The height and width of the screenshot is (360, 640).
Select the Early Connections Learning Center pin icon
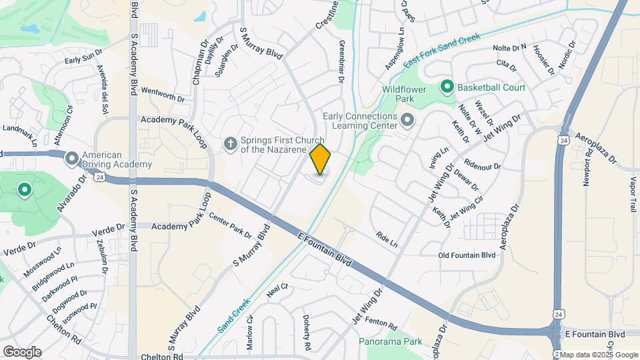(x=407, y=121)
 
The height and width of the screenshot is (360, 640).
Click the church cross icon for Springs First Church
(x=230, y=144)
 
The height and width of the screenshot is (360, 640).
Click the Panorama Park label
(x=390, y=341)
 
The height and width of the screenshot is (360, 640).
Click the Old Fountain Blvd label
(x=467, y=255)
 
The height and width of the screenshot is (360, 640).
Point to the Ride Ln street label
(x=386, y=240)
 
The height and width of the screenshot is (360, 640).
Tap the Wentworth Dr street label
(x=163, y=93)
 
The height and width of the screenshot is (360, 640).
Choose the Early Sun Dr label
(x=83, y=56)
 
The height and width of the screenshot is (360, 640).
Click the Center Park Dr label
(x=230, y=225)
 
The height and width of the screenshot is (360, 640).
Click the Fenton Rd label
(x=381, y=323)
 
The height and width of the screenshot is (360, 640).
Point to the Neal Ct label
(x=276, y=289)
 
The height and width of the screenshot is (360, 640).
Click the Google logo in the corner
(x=22, y=351)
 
